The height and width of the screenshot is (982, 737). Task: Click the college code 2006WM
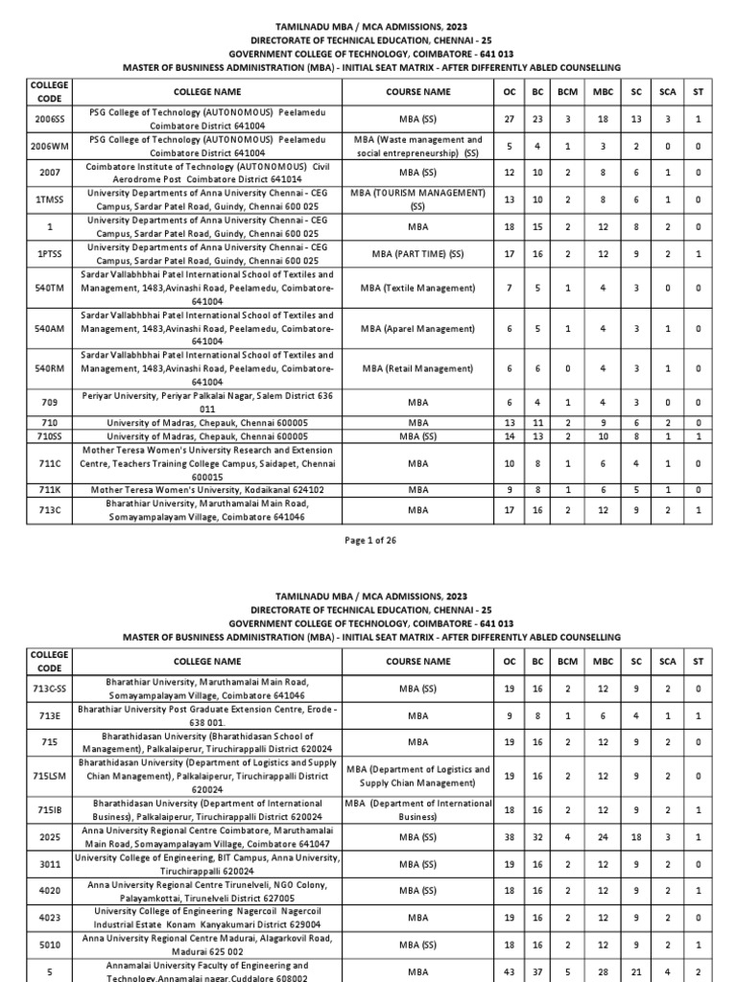[48, 146]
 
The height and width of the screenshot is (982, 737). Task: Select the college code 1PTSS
[48, 254]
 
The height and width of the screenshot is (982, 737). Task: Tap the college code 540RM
[48, 368]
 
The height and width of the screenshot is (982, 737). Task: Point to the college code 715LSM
[48, 776]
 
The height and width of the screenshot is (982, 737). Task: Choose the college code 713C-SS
[48, 688]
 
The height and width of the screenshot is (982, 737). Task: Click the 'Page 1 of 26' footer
[368, 541]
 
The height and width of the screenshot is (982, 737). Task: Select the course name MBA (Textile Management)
[417, 288]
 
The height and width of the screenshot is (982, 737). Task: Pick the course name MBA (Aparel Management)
[417, 328]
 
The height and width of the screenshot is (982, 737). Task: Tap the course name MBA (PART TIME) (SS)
[417, 254]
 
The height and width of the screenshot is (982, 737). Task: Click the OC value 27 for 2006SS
[510, 119]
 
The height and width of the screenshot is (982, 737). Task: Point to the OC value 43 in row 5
[510, 971]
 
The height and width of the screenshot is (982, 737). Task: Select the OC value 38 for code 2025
[510, 837]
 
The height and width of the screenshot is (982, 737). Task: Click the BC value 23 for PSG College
[538, 119]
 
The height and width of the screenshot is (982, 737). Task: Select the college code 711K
[48, 489]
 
